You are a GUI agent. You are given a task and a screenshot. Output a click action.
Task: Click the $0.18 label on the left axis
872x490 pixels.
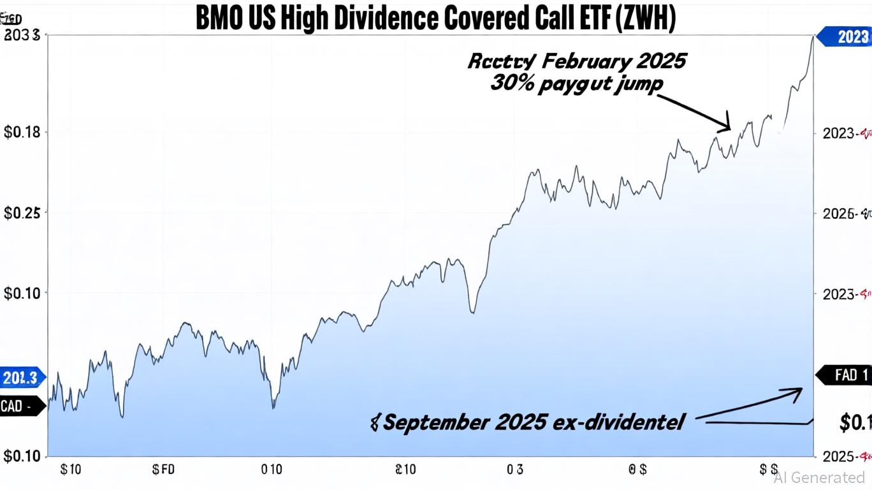pos(22,133)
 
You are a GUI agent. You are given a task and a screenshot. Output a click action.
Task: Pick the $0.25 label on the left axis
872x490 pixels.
pos(22,213)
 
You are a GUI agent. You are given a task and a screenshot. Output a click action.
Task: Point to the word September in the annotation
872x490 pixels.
pos(437,422)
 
